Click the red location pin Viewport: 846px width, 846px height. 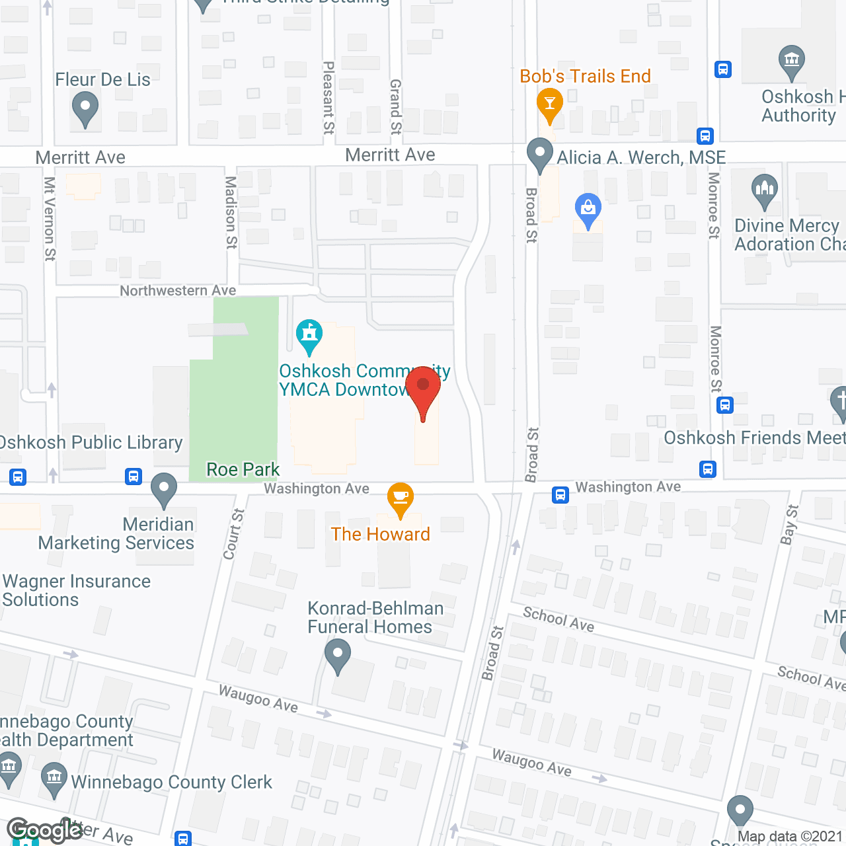(423, 389)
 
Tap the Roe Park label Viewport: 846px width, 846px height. (243, 469)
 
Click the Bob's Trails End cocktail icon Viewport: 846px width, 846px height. (549, 104)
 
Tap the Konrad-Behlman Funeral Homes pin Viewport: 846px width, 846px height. (338, 656)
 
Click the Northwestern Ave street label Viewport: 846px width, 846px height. (178, 291)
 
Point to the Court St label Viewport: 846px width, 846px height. (234, 534)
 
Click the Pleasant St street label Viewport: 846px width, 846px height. (328, 98)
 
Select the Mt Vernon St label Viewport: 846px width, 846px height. (50, 218)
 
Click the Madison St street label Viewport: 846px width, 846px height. (231, 212)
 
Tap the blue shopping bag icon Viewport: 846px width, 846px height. (588, 209)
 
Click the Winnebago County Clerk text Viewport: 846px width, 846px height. (171, 782)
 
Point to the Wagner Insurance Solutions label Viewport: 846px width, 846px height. (77, 590)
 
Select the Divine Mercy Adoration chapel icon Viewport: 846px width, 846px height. (765, 190)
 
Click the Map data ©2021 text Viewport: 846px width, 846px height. (789, 836)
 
